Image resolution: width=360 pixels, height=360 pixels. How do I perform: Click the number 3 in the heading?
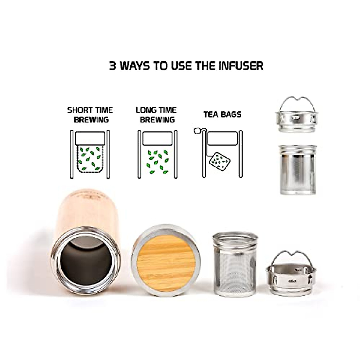coord(113,66)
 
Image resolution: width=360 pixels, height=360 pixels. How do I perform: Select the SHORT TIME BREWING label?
coord(90,115)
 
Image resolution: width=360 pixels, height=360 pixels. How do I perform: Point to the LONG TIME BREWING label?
coord(157,115)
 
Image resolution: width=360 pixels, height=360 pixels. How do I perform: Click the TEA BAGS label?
coord(222,114)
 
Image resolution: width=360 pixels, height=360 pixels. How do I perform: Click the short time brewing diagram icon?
coord(90,154)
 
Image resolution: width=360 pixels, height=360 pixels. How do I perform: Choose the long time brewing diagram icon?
coord(157,154)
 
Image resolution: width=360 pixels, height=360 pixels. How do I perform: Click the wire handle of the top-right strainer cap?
coord(297,101)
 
